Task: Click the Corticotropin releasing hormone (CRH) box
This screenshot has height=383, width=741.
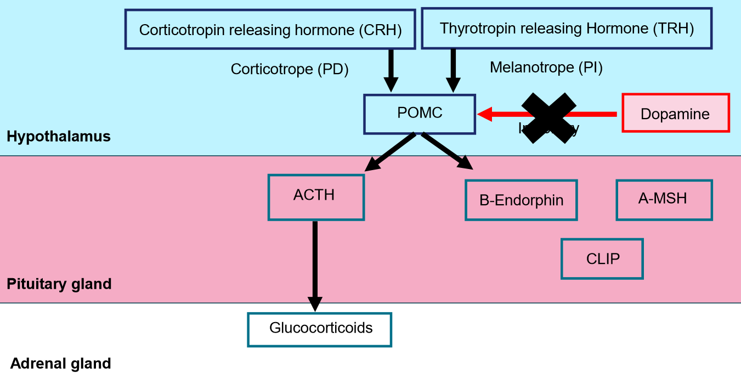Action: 270,30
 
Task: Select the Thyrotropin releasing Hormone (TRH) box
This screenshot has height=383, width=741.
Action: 567,29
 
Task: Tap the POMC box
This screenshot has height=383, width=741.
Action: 420,114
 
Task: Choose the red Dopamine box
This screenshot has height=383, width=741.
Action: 675,114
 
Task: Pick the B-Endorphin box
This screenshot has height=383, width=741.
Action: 521,200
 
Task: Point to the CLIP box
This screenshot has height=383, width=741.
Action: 602,258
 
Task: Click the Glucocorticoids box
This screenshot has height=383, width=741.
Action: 319,329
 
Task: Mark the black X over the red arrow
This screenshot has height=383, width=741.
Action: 548,118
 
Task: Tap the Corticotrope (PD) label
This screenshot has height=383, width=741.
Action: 290,69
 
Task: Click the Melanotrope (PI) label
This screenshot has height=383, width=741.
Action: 546,67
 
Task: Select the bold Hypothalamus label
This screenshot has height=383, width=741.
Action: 59,136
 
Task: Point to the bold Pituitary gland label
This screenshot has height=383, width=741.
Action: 59,284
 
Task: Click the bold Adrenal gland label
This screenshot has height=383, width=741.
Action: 61,363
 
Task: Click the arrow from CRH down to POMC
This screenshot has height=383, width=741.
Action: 391,70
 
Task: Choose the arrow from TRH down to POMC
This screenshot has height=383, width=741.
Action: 453,70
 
